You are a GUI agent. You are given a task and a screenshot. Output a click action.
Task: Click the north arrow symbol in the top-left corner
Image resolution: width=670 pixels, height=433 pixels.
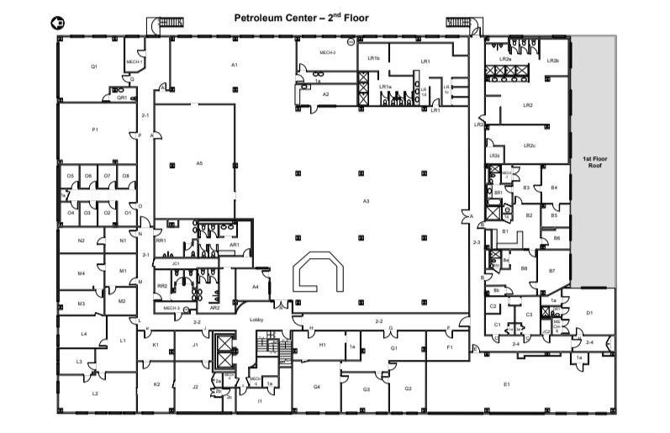57,24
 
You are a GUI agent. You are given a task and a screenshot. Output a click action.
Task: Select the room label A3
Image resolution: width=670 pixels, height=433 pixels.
366,201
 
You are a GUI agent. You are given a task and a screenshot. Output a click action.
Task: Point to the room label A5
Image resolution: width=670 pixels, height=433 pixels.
199,162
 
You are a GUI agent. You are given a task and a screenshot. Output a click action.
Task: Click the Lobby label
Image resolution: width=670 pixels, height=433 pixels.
257,319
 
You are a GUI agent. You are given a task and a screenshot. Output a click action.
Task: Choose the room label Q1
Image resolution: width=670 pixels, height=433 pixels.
94,66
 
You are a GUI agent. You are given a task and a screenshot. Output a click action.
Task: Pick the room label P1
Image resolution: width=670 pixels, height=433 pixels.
95,129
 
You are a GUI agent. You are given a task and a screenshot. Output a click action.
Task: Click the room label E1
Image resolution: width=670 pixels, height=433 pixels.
506,384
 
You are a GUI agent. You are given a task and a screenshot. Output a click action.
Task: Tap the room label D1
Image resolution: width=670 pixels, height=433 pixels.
589,313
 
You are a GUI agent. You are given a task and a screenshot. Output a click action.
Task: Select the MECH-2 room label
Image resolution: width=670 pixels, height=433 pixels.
327,53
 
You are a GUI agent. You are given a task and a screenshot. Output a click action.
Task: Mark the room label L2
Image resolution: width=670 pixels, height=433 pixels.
95,393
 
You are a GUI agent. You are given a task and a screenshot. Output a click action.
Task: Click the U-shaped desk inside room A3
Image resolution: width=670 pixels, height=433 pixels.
318,272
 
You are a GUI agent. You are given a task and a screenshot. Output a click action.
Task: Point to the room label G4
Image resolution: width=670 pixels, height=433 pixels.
317,386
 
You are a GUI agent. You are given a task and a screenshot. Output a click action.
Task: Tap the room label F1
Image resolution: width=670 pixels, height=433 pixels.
450,346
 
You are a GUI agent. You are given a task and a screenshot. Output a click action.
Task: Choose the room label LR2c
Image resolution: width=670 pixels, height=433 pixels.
529,145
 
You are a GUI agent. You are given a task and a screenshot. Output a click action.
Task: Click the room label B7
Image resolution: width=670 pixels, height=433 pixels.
551,271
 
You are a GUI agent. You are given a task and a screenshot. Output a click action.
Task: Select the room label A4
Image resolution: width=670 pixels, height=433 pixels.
255,287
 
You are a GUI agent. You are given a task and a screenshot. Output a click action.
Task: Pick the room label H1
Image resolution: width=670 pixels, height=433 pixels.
322,345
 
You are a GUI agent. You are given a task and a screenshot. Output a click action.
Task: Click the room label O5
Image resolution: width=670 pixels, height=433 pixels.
70,176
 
